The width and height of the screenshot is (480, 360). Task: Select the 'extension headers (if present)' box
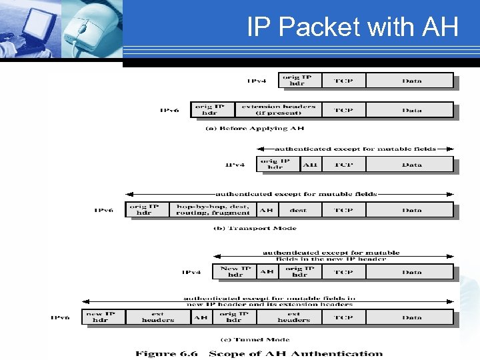click(279, 110)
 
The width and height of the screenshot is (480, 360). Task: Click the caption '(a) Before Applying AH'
click(255, 128)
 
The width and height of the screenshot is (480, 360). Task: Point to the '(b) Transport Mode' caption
click(255, 228)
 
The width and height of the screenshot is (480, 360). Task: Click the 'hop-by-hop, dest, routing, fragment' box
click(213, 210)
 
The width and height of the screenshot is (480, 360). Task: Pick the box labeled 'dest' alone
click(298, 210)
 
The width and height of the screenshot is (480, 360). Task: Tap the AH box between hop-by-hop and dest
click(266, 210)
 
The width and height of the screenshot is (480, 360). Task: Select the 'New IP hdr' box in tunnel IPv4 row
click(235, 272)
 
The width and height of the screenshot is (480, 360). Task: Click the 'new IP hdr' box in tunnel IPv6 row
click(100, 317)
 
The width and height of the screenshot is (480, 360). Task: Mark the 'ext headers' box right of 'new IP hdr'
click(157, 317)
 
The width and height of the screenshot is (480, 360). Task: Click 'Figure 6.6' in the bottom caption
click(165, 354)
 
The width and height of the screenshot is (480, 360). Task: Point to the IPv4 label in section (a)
click(257, 81)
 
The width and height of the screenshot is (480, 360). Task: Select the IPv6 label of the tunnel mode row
click(61, 317)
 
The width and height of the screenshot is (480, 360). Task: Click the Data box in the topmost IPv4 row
click(411, 81)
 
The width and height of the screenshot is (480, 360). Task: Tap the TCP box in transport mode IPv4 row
click(343, 165)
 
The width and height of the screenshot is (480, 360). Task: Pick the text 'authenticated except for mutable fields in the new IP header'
click(331, 255)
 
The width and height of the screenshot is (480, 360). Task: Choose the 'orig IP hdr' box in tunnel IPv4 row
click(299, 272)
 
